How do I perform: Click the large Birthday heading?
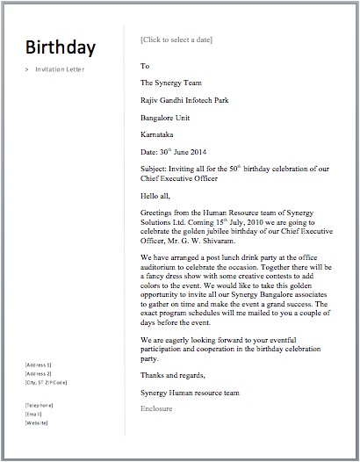(61, 47)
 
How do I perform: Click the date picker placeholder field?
(176, 40)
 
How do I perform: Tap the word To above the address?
(145, 66)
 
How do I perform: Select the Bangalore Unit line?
(169, 118)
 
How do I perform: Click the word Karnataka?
(159, 135)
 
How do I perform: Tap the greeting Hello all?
(156, 195)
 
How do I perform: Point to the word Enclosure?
(157, 409)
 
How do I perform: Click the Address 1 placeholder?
(40, 364)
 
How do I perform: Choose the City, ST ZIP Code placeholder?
(49, 382)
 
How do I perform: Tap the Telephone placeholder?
(40, 403)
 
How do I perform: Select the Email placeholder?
(35, 413)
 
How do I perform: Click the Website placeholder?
(37, 422)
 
